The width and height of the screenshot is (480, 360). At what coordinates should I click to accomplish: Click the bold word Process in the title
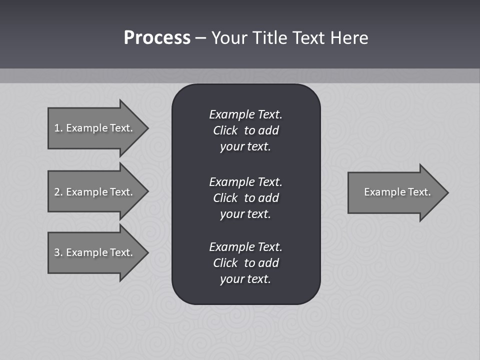(157, 38)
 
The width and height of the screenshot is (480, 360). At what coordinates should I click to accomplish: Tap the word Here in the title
(349, 38)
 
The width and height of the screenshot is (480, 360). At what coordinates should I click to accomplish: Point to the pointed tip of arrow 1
(147, 128)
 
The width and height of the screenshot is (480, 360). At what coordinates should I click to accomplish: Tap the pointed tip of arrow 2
(147, 192)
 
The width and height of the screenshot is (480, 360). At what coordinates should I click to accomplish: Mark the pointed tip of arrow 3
(147, 252)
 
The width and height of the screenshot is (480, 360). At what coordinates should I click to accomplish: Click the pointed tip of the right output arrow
(447, 192)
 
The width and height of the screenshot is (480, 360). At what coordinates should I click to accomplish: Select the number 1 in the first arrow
(57, 128)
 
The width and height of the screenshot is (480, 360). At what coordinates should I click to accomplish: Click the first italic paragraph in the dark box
(245, 130)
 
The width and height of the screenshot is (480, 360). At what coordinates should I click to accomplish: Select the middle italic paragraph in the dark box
(245, 198)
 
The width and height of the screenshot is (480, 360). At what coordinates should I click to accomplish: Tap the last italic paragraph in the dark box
(245, 263)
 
